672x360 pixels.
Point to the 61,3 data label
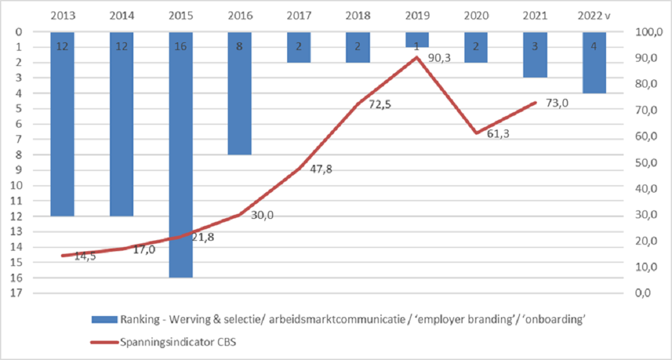point(498,134)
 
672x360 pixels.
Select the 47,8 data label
point(321,169)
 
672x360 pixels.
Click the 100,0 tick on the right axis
point(649,32)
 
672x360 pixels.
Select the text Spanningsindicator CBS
point(178,342)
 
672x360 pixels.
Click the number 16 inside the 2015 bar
point(181,47)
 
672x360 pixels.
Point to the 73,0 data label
point(557,103)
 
